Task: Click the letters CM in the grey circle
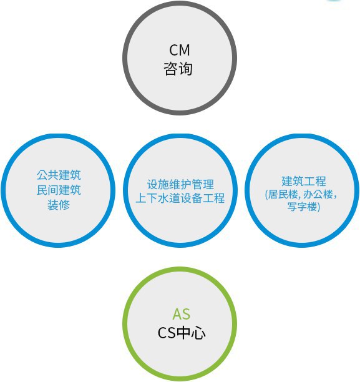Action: tap(180, 50)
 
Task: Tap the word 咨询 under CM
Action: tap(178, 69)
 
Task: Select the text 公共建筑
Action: tap(59, 175)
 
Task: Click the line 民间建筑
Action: tap(59, 190)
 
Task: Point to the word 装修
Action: tap(59, 205)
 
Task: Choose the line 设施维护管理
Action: tap(180, 184)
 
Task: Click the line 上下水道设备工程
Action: tap(180, 198)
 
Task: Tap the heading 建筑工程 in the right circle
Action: tap(304, 181)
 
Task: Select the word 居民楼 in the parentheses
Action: tap(283, 194)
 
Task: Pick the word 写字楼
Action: tap(302, 207)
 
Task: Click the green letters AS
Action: tap(181, 314)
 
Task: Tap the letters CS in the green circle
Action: tap(167, 333)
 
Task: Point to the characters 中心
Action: tap(191, 333)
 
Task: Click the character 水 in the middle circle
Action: tap(163, 198)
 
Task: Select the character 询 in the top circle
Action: tap(185, 69)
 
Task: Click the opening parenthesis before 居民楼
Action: tap(266, 195)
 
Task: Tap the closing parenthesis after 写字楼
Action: tap(318, 207)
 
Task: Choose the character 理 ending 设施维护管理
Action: tap(209, 184)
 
